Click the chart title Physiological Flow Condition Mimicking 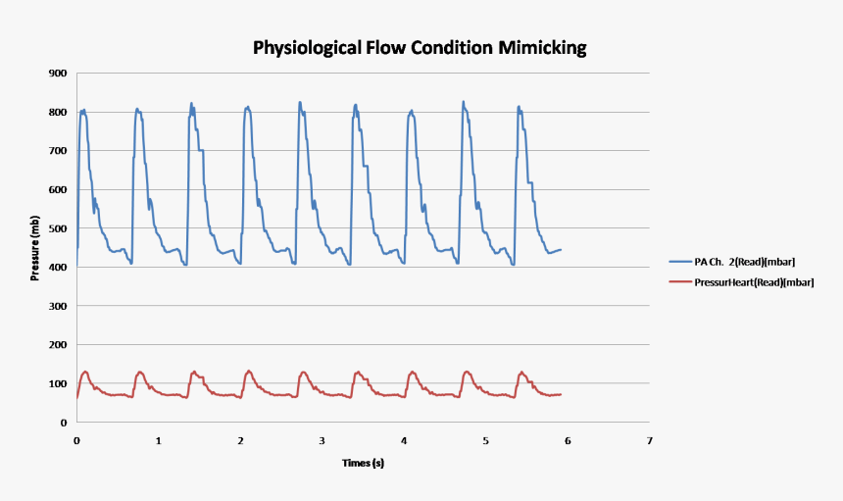421,47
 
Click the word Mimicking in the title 544,47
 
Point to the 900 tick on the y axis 57,74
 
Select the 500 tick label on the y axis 57,228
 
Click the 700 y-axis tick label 57,151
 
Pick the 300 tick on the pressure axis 57,307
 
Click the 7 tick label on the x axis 649,441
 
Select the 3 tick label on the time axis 322,441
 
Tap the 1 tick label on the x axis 159,441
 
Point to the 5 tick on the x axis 485,441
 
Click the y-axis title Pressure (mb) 35,248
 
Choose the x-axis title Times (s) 363,462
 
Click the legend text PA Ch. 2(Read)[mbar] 748,263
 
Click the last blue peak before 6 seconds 519,106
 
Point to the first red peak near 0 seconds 85,372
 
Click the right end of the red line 561,394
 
